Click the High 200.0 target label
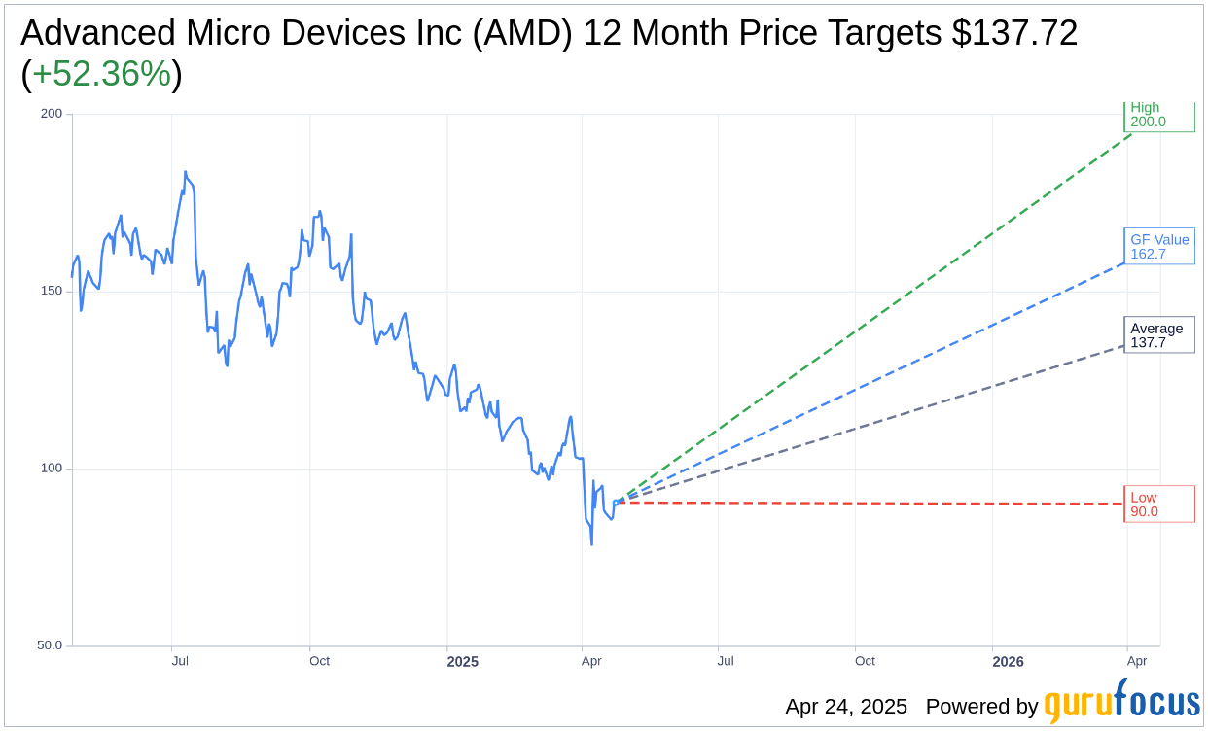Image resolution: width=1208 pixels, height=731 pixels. (1158, 116)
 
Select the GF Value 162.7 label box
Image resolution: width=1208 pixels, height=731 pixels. (1158, 247)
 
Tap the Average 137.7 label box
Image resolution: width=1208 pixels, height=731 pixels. (1158, 335)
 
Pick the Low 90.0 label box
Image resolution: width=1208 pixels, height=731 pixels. (1158, 505)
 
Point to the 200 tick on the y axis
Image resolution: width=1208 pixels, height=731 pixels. (51, 114)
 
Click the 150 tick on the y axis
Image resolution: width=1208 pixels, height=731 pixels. (51, 291)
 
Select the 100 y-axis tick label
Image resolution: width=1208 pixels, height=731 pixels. (51, 469)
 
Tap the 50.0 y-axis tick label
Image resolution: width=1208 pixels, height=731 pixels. (49, 645)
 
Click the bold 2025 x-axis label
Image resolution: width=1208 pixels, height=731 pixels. (462, 662)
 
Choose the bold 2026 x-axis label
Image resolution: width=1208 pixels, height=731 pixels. (1008, 662)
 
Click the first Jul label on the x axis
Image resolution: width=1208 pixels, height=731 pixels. (180, 661)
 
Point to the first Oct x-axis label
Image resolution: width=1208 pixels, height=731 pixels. (319, 661)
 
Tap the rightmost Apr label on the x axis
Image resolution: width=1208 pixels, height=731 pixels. (1137, 661)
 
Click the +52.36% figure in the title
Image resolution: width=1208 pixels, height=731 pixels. (101, 74)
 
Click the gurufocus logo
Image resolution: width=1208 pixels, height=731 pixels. (1121, 704)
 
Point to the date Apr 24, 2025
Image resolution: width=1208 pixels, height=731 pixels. (846, 707)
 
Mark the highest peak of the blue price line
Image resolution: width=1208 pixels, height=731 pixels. (185, 172)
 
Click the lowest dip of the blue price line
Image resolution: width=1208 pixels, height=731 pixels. (591, 543)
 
